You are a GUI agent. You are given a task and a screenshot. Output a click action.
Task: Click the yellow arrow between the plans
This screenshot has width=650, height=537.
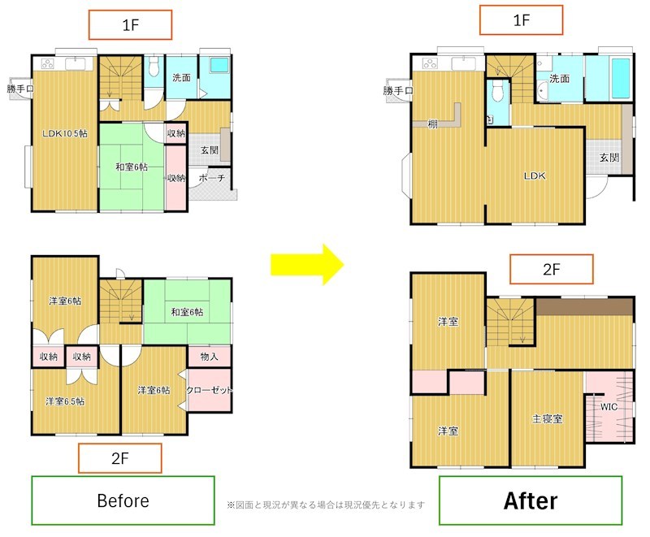[x=308, y=264]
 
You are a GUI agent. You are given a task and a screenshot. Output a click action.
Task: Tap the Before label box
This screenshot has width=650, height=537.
[x=123, y=500]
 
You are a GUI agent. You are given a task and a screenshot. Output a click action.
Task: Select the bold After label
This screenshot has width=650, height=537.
[x=531, y=500]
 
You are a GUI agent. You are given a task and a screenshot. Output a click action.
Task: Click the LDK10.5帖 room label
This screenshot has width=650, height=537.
[x=65, y=133]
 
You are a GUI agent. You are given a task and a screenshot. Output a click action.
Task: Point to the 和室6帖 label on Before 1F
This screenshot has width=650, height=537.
[x=132, y=167]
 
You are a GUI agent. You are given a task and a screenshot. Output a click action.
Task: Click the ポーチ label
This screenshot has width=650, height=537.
[x=212, y=178]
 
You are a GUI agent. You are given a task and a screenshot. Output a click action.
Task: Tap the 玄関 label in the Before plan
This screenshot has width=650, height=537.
[x=210, y=150]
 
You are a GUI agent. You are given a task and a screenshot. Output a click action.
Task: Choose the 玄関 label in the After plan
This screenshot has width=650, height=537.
[x=609, y=158]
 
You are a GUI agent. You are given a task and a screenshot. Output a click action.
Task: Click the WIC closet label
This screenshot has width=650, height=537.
[x=609, y=407]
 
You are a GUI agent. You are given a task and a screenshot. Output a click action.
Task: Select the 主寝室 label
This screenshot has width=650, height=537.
[x=547, y=419]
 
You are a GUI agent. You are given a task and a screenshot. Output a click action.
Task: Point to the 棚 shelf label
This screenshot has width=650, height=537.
[x=433, y=123]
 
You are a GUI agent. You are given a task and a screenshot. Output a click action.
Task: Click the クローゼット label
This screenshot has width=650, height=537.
[x=210, y=390]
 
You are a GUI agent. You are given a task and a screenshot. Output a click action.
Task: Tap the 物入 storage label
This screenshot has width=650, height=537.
[x=209, y=357]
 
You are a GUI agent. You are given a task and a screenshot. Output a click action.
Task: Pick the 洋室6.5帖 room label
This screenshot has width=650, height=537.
[x=65, y=401]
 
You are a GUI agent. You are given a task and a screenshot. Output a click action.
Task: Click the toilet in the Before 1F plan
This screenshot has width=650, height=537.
[x=154, y=67]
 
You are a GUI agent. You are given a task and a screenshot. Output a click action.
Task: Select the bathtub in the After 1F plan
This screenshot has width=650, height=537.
[x=621, y=78]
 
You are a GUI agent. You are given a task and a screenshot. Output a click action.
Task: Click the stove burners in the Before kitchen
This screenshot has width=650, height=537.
[x=48, y=64]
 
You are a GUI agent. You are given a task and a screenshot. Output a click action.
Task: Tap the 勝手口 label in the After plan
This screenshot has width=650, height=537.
[x=398, y=90]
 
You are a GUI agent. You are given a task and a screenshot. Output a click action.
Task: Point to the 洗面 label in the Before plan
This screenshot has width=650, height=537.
[x=181, y=77]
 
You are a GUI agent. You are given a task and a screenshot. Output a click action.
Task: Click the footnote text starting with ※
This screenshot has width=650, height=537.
[x=326, y=505]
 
